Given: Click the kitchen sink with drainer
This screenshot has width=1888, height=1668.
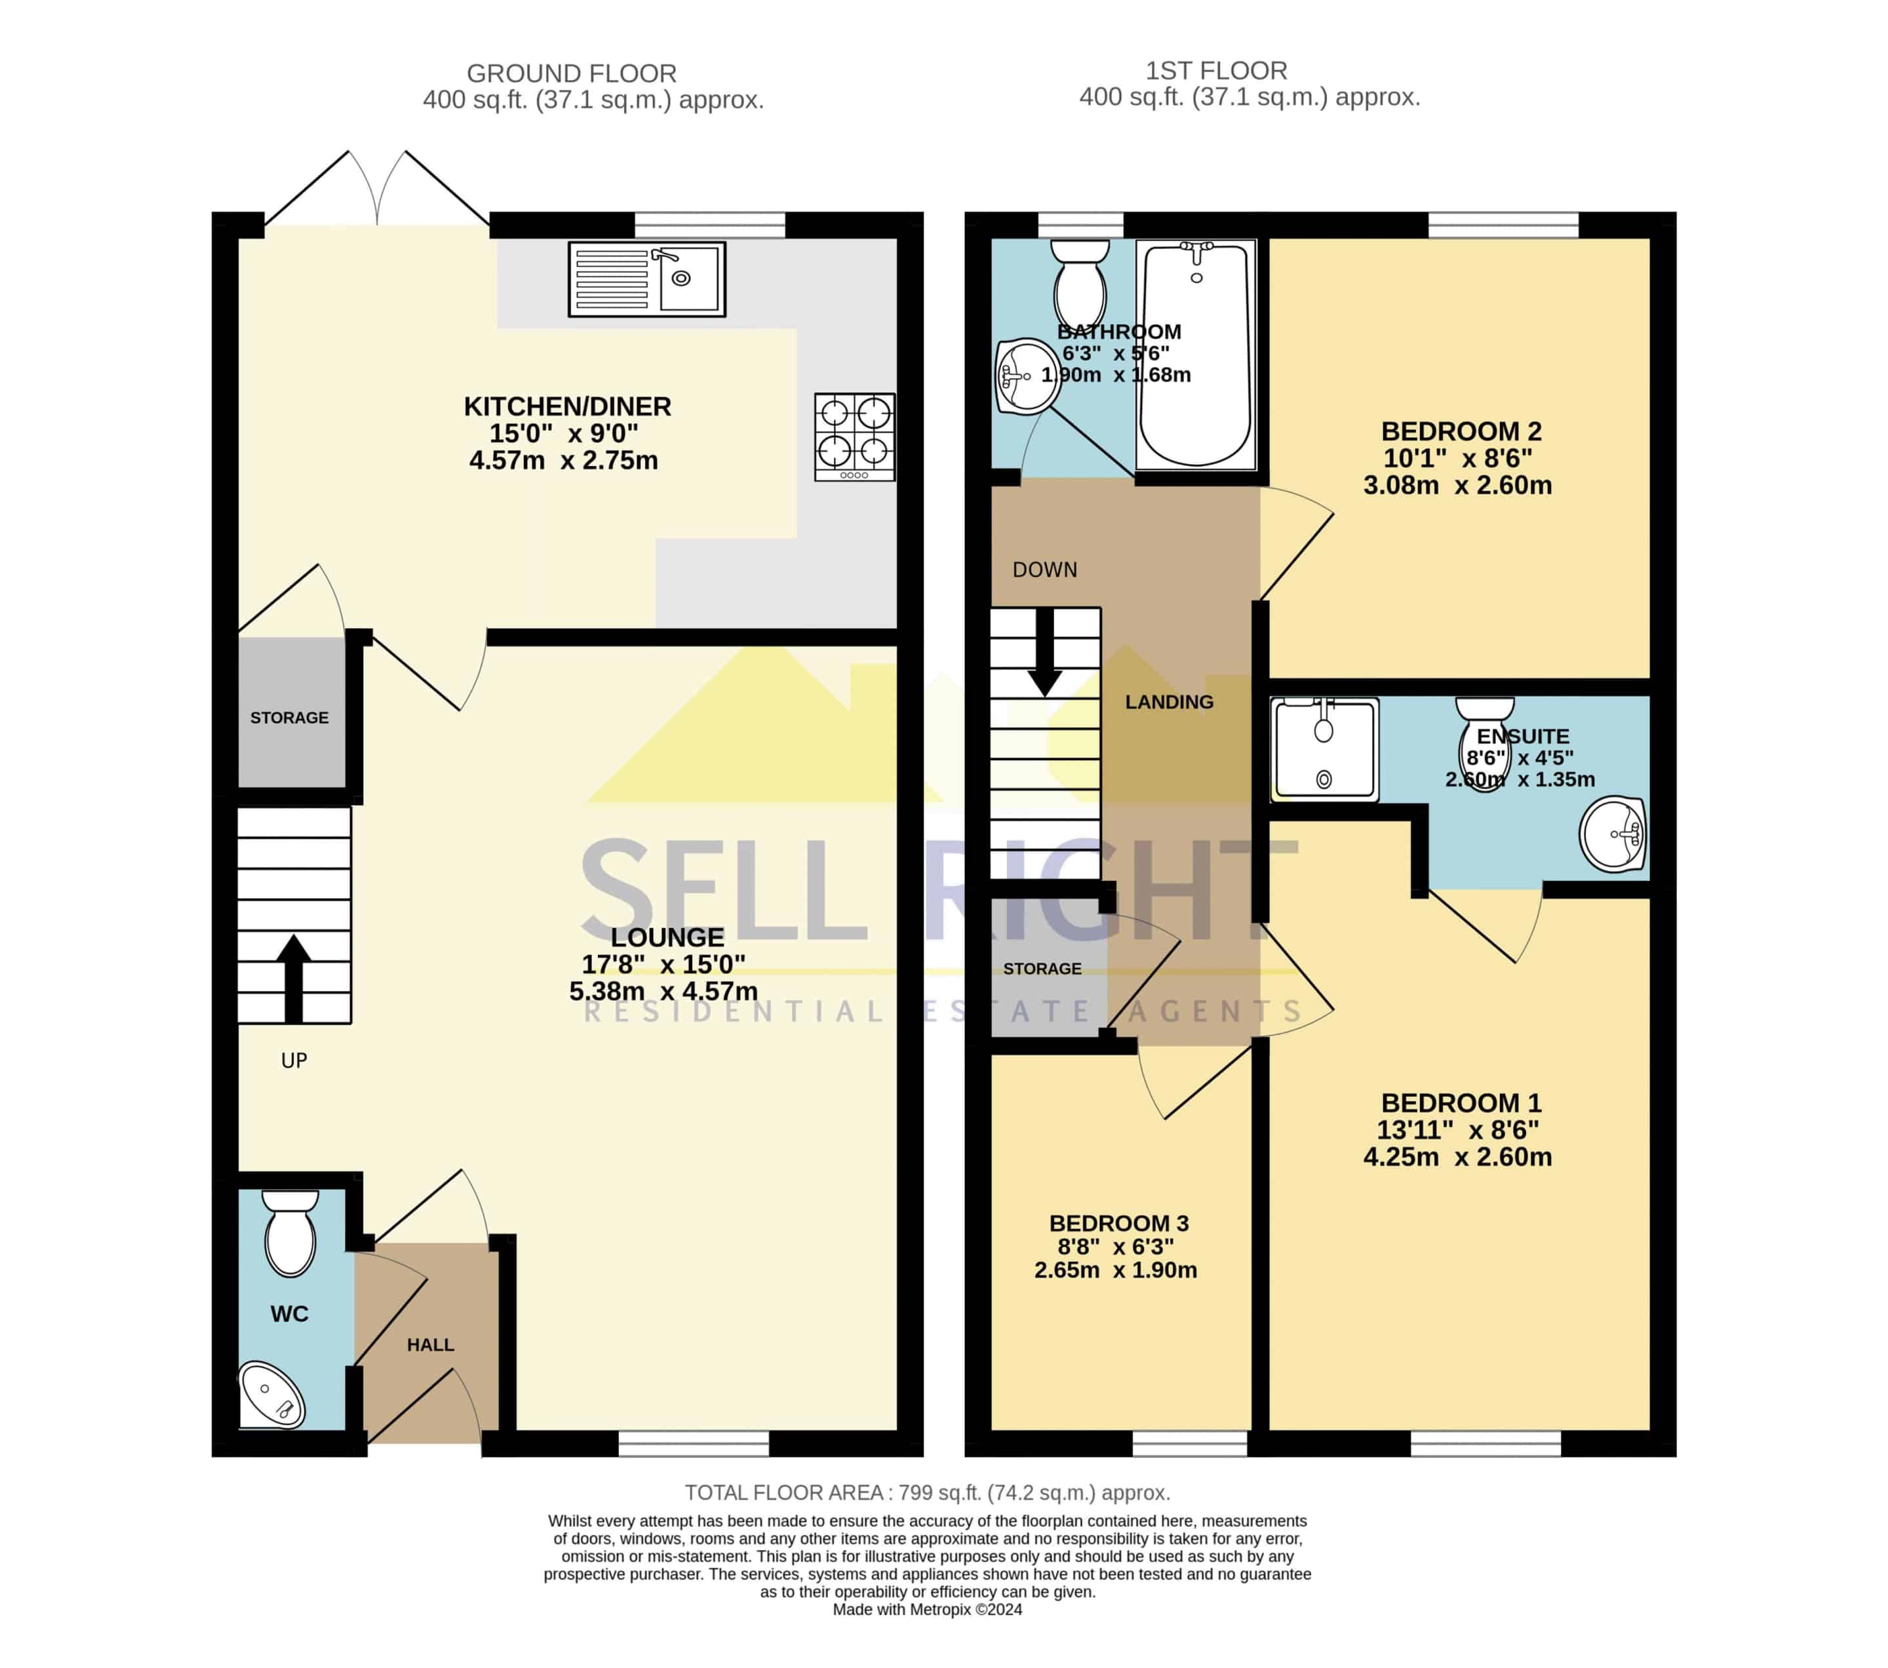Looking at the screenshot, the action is (646, 279).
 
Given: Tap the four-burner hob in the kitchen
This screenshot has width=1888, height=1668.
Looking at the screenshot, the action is (854, 437).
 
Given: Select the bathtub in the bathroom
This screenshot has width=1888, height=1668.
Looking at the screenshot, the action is (1196, 355).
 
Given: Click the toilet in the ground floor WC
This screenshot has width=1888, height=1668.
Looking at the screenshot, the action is (290, 1233).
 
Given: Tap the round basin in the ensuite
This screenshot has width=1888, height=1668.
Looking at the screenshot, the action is (1613, 835).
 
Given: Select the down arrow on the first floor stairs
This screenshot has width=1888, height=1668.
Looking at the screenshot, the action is (1045, 652).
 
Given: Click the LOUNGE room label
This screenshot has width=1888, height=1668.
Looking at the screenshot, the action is (667, 937).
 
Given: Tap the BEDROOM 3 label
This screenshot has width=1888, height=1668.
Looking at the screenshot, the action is (1118, 1223).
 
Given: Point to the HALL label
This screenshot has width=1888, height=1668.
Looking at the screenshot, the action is (431, 1345).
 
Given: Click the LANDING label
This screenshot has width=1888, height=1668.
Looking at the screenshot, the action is (1170, 702).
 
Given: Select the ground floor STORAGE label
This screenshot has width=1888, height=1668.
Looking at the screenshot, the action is (289, 718).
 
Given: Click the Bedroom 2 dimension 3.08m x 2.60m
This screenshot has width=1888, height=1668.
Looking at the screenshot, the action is (1457, 485).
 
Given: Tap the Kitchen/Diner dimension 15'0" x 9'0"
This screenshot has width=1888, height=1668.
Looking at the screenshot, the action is (563, 433).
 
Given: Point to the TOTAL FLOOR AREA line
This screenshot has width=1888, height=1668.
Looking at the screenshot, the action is (928, 1492).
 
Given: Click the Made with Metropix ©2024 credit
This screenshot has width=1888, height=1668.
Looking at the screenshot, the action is (928, 1609).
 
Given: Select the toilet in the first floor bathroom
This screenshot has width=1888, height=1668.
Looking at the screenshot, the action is (1080, 284).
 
